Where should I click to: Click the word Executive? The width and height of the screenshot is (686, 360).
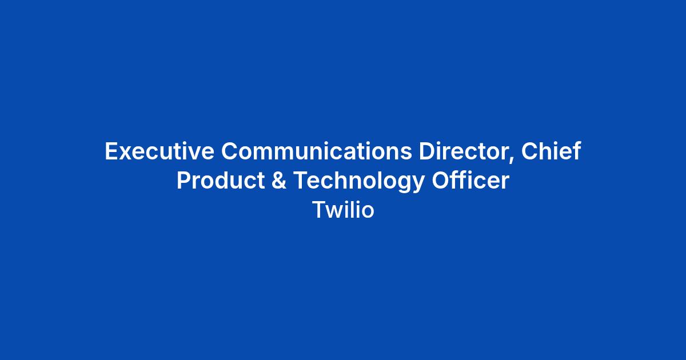159,151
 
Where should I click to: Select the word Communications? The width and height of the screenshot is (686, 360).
317,151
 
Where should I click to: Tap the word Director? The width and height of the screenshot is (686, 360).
464,151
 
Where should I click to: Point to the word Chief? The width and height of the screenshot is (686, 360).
551,151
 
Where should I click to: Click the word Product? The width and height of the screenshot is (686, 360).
221,180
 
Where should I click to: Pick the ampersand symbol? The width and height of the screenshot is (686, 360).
279,180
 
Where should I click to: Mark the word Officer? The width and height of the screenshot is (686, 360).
470,180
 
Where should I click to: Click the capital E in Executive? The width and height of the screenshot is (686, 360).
111,151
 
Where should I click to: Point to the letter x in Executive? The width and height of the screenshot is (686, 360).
126,153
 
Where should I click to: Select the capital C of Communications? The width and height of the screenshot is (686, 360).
230,151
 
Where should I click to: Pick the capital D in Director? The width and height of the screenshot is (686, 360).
427,151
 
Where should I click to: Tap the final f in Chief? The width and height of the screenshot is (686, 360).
576,151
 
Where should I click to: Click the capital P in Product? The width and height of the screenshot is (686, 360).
184,180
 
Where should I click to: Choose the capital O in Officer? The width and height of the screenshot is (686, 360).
441,180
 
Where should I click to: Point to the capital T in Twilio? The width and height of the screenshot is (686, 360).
319,209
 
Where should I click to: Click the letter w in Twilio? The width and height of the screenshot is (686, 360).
336,212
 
